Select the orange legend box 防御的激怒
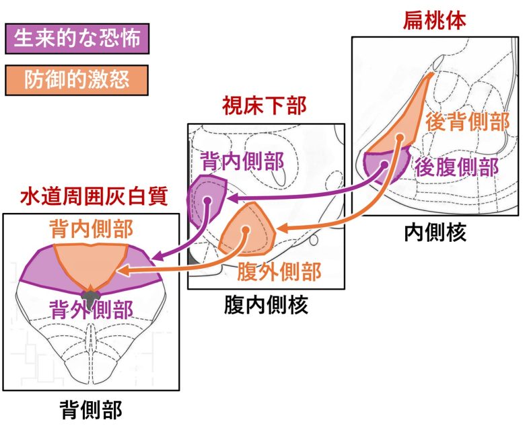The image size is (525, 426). coord(75,80)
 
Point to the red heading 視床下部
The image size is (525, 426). coord(264,106)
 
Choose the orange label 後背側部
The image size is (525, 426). coord(466,122)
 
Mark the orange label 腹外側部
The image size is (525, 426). coord(279,272)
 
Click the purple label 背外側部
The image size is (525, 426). coord(91,308)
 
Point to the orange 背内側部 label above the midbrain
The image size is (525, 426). coord(91,228)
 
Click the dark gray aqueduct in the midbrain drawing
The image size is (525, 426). coord(90,294)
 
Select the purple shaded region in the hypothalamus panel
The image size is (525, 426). coord(205,200)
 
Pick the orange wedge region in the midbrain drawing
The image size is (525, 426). coord(90,265)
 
